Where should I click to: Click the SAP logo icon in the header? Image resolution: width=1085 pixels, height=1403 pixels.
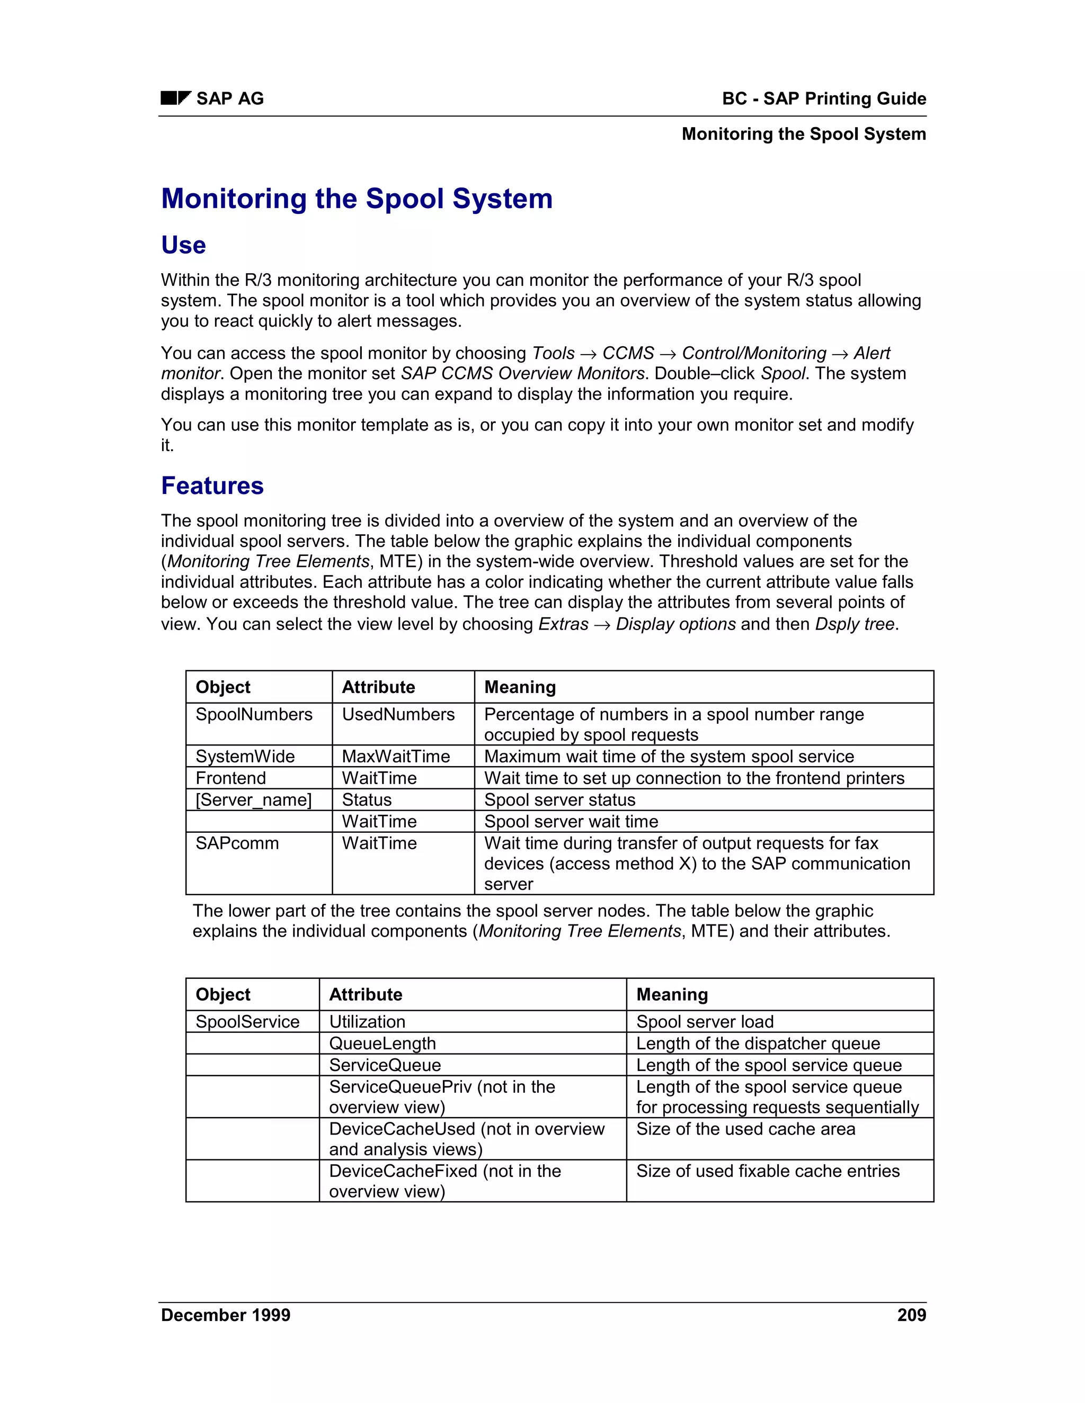(x=175, y=98)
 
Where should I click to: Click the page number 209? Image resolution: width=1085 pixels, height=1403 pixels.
(x=911, y=1315)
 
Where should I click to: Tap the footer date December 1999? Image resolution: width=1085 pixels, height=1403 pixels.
(x=225, y=1315)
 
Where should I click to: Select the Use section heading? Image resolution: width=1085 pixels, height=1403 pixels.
(x=183, y=246)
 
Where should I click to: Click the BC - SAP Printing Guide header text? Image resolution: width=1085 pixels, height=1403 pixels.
(x=823, y=98)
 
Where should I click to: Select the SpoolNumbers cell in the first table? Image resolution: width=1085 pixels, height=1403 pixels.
(x=254, y=714)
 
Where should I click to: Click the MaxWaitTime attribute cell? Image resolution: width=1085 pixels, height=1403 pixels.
(x=395, y=756)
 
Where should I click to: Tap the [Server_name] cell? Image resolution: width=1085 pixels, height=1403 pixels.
(x=253, y=800)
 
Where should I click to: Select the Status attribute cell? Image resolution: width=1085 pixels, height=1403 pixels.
(x=367, y=800)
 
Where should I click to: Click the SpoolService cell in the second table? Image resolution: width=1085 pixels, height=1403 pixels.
(x=247, y=1021)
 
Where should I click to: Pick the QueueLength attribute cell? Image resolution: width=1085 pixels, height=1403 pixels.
(x=382, y=1044)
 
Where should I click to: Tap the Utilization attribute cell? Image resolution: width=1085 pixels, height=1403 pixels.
(x=367, y=1021)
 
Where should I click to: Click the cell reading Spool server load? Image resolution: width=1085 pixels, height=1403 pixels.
(x=705, y=1021)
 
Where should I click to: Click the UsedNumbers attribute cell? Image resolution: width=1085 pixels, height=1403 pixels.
(x=398, y=714)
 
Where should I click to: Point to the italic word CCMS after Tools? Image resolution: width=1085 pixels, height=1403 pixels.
(x=627, y=353)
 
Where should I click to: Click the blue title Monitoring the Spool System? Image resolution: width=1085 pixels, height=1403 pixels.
(x=357, y=199)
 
